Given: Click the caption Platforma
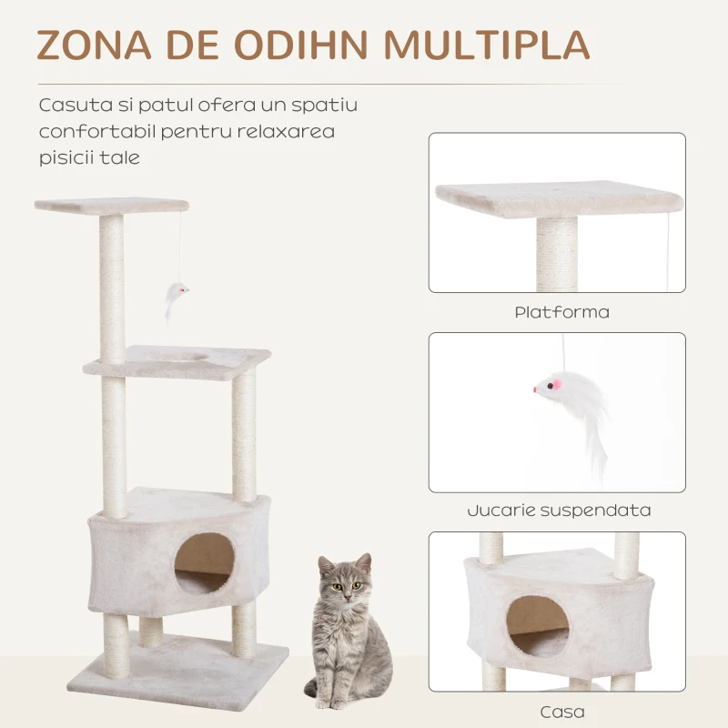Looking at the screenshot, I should [x=561, y=312].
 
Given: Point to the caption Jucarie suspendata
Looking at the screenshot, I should [x=559, y=511].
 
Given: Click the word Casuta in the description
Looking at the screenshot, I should [x=70, y=105].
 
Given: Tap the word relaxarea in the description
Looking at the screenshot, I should [x=289, y=132].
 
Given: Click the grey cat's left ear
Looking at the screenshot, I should [x=325, y=565].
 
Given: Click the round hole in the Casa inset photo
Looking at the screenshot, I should [x=538, y=628].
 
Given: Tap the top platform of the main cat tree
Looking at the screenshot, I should [x=111, y=206].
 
